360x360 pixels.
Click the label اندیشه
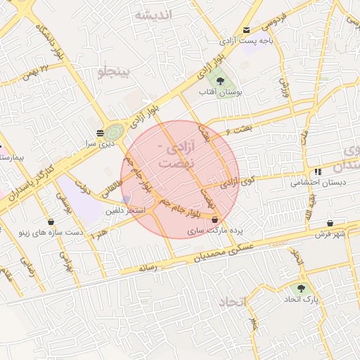[154, 15]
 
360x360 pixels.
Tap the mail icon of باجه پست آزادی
[246, 30]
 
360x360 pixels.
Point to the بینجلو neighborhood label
[113, 72]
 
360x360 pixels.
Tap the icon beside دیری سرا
[100, 132]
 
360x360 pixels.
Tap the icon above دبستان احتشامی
[318, 172]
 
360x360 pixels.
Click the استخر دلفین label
[125, 210]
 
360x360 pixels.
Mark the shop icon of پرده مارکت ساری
[214, 220]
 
